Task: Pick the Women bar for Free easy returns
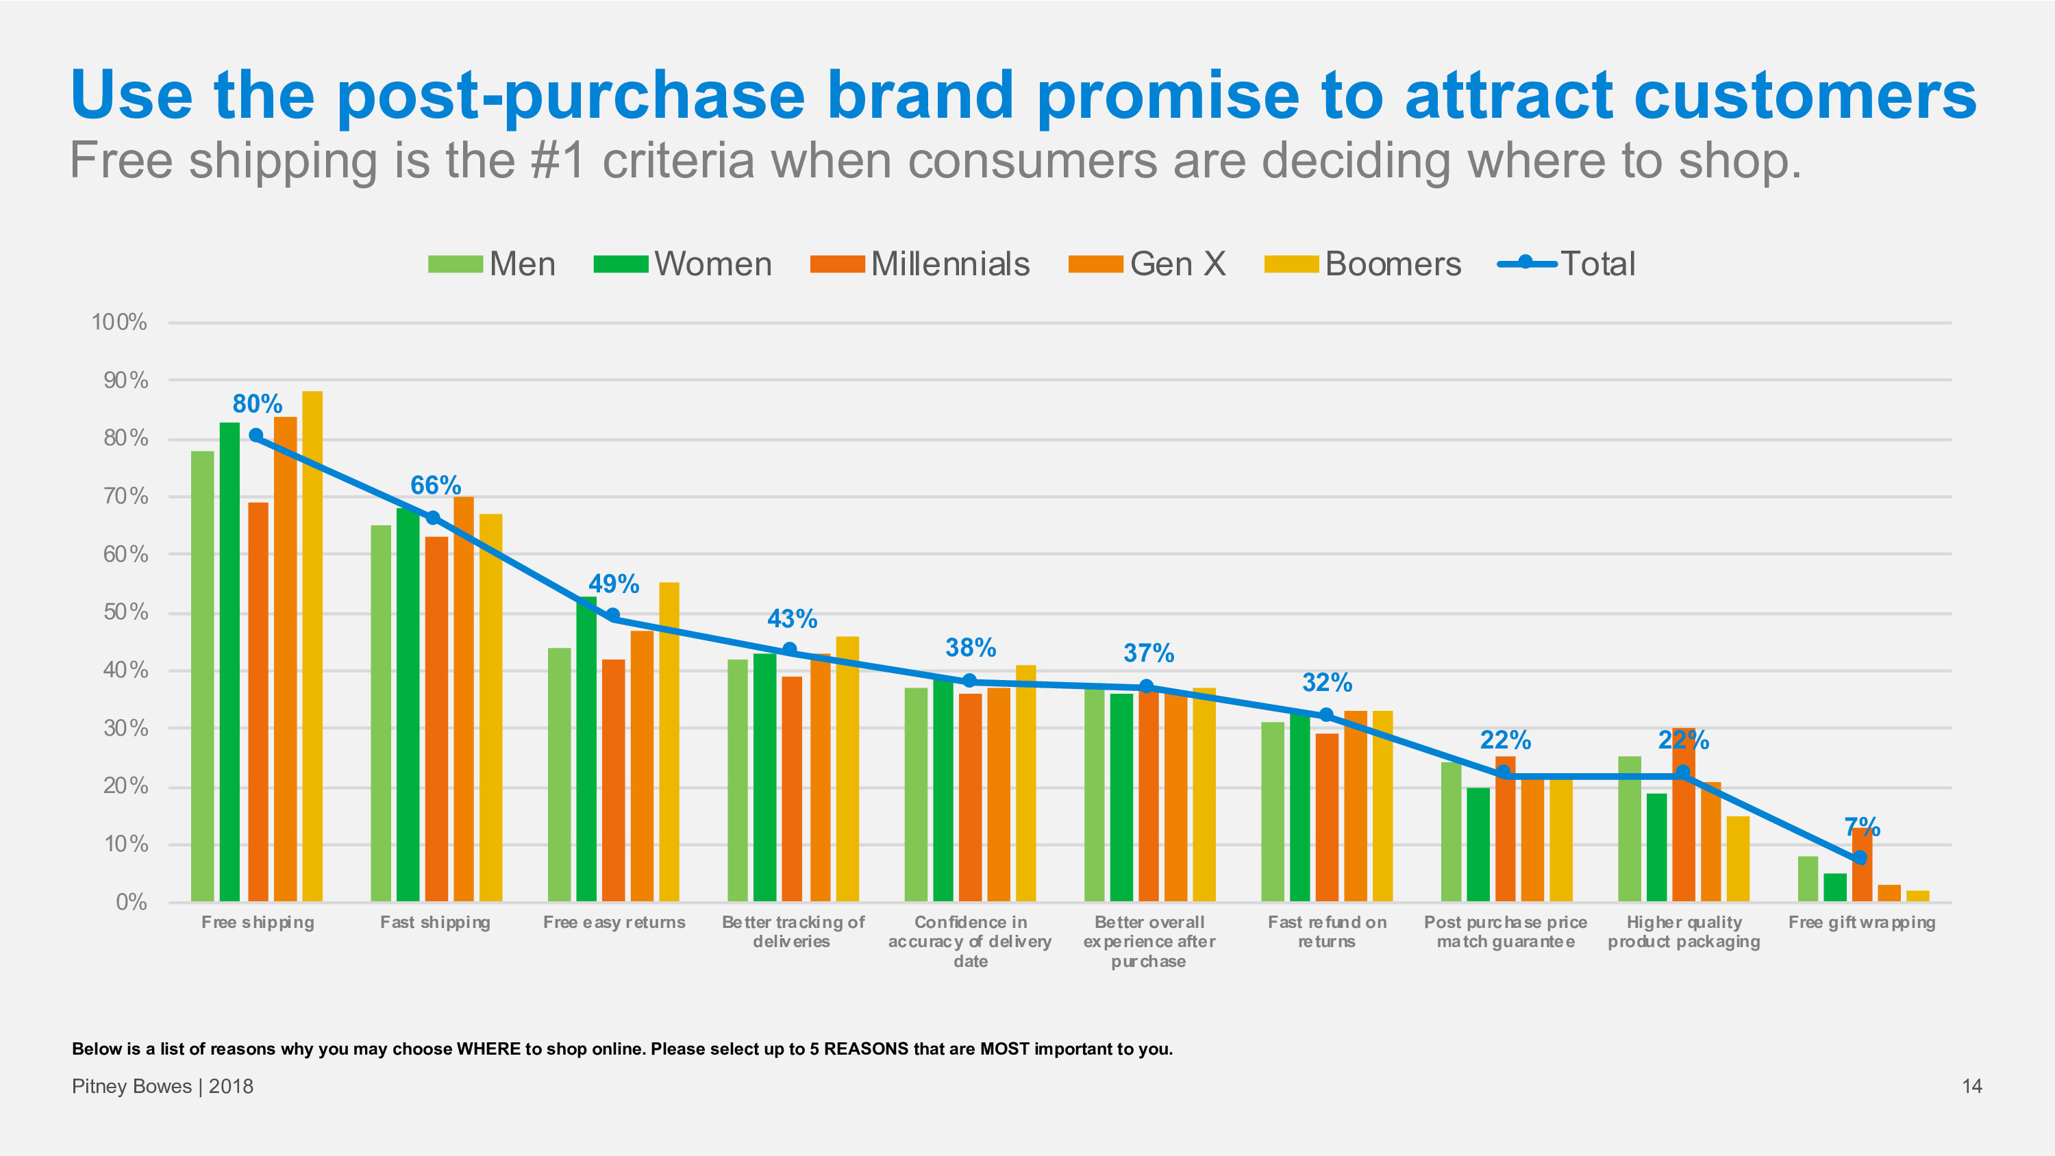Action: coord(586,749)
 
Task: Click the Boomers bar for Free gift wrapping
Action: coord(1917,896)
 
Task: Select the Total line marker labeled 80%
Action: coord(256,436)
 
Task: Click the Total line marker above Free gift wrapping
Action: coord(1860,857)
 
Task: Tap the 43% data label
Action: coord(792,618)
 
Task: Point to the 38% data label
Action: coord(970,647)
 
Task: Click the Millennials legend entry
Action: coord(920,264)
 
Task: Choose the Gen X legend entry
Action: coord(1147,264)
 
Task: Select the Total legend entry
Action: coord(1567,264)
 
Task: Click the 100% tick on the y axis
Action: coord(119,323)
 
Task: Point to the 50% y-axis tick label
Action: coord(125,612)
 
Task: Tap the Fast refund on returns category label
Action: coord(1327,932)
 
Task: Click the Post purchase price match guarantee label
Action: coord(1506,932)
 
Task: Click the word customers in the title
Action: coord(1804,96)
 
